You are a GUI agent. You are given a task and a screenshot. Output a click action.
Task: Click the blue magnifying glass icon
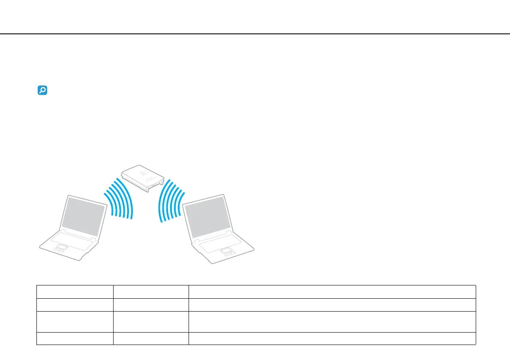(x=42, y=90)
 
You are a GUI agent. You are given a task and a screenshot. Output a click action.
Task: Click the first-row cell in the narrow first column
(x=75, y=291)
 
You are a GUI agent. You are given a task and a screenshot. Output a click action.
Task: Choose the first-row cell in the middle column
(x=150, y=291)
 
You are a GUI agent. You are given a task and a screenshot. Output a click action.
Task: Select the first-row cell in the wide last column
(x=332, y=291)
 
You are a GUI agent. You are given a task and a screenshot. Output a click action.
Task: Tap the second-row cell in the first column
(x=75, y=304)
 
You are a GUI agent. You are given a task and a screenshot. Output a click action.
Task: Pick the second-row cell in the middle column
(x=150, y=304)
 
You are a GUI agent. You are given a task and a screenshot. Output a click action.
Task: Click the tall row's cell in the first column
(x=75, y=321)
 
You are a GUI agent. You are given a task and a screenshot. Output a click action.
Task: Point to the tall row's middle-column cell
(x=150, y=321)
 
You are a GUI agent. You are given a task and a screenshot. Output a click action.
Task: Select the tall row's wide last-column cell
(x=332, y=321)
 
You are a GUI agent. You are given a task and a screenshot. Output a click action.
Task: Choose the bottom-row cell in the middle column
(x=150, y=339)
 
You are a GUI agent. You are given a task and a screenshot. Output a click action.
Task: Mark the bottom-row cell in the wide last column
(x=332, y=339)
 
